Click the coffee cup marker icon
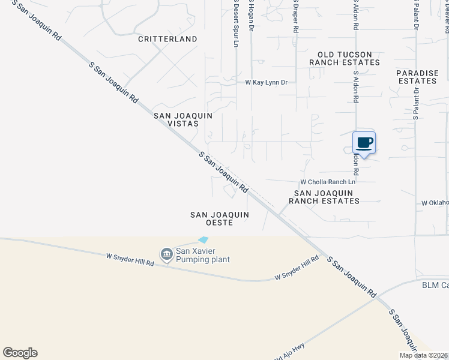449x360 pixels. pos(364,143)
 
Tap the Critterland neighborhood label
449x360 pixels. pos(167,39)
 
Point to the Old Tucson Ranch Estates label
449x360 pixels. pos(345,58)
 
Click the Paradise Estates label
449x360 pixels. pos(417,76)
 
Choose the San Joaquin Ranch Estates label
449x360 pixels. pos(324,197)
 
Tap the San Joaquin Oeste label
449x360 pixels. pos(219,218)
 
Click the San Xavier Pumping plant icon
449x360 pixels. pos(165,255)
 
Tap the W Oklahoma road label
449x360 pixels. pos(435,203)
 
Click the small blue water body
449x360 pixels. pos(203,240)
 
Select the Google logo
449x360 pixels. pos(20,353)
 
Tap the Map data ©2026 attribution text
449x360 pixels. pos(423,355)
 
